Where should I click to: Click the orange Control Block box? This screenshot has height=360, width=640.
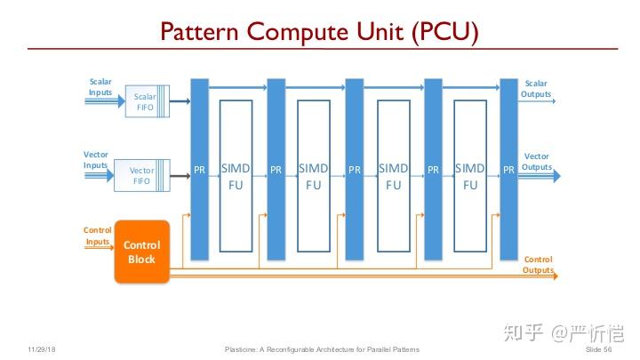point(141,252)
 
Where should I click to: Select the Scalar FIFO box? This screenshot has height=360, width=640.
point(148,101)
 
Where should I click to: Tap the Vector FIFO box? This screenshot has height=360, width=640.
point(142,175)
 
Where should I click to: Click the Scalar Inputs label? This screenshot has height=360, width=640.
point(100,87)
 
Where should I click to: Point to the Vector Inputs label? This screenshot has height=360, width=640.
point(95,160)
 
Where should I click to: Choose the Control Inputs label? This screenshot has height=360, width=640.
point(97,236)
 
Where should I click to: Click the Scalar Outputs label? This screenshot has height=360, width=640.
point(535,89)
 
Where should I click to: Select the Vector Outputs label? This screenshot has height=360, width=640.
point(537,162)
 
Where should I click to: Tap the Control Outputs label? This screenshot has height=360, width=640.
point(538,265)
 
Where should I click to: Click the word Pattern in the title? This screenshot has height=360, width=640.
point(199,32)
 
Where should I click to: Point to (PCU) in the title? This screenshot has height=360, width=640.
point(445,32)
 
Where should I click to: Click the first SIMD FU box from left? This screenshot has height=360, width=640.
point(236,176)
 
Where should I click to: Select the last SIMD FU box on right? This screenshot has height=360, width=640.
point(470,176)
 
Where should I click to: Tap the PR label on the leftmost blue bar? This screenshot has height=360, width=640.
point(200,170)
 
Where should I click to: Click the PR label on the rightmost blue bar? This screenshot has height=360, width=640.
point(508,170)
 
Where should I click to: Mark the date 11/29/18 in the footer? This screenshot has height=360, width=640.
point(42,349)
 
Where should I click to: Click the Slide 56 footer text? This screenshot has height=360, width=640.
point(599,349)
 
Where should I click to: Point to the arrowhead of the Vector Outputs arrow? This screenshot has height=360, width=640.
point(556,176)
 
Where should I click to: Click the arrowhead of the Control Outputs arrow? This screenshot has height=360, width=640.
point(556,276)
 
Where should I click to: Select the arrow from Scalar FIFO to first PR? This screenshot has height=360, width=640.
point(180,100)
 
